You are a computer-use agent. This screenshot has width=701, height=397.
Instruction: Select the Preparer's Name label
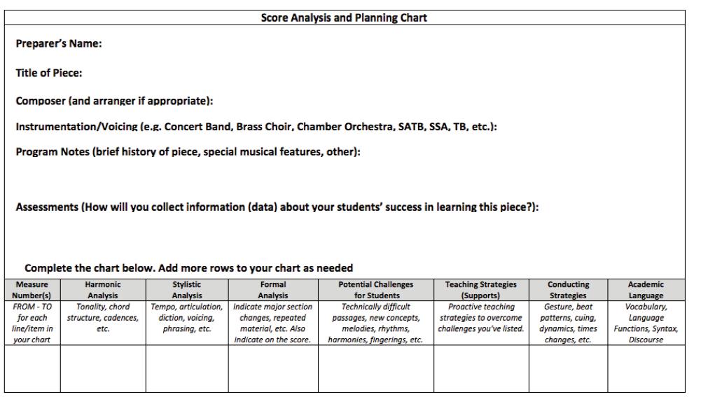[x=59, y=45]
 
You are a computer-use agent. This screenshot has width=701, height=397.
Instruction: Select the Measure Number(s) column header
[x=33, y=290]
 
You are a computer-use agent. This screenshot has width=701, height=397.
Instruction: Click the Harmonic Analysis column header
[x=103, y=290]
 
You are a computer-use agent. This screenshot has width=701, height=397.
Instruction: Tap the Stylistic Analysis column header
[x=187, y=290]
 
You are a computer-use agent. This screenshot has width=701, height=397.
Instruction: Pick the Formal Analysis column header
[x=273, y=290]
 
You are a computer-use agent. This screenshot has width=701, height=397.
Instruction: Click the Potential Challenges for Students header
[x=376, y=290]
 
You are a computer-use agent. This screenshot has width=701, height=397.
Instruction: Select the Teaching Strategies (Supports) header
[x=481, y=290]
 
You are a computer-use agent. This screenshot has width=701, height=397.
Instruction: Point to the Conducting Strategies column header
[x=568, y=290]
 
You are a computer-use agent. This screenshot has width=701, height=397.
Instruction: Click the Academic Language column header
[x=646, y=290]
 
